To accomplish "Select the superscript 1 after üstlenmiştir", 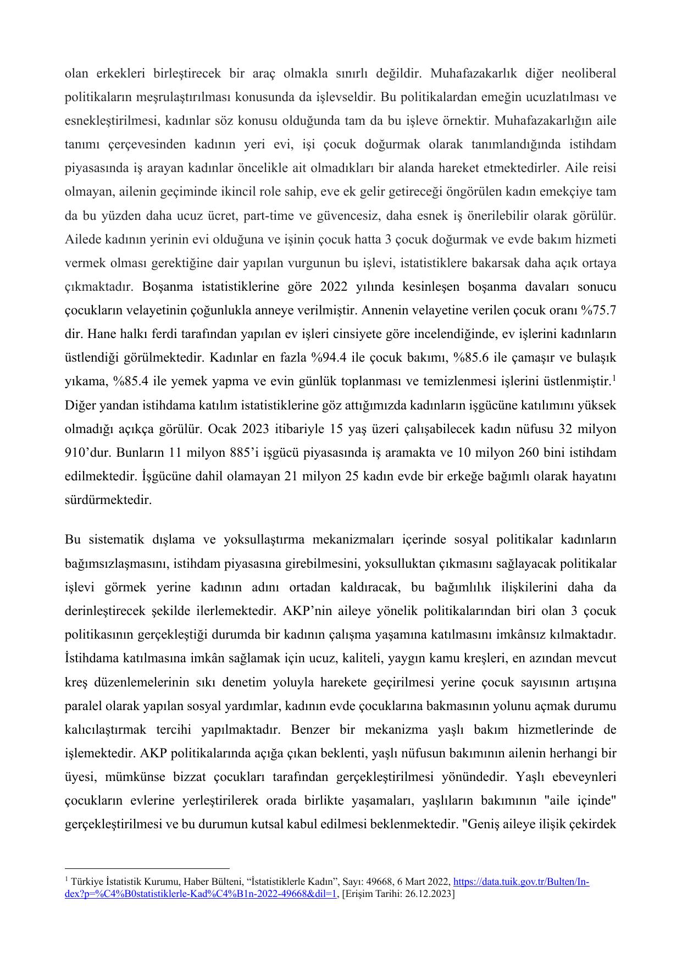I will click(614, 378).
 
